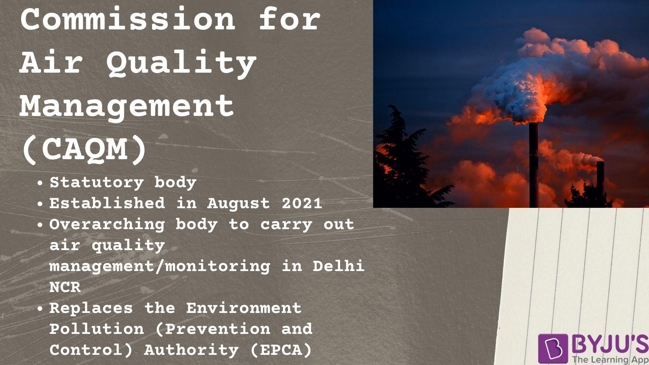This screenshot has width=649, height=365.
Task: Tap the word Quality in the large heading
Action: [x=182, y=63]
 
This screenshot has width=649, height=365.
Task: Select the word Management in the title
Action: [x=127, y=106]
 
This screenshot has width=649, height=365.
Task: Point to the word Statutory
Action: [x=96, y=183]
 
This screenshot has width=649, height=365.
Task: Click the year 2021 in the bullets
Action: [x=302, y=203]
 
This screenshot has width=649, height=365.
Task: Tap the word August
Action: [x=239, y=203]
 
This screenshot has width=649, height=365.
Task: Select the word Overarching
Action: [x=107, y=224]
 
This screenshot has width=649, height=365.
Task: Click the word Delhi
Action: [x=338, y=266]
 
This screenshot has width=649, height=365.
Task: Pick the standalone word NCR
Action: [x=65, y=287]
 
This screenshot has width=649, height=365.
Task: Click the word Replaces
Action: [x=91, y=308]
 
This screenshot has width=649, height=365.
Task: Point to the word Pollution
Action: [x=97, y=329]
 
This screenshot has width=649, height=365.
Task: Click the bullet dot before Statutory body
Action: [x=40, y=184]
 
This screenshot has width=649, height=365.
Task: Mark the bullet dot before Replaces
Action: [x=40, y=309]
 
